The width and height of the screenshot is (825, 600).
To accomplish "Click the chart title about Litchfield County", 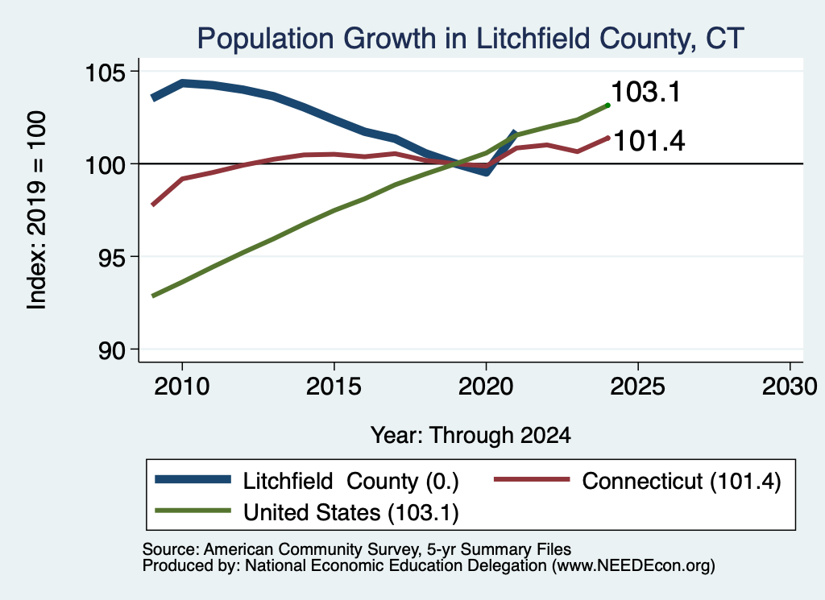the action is click(471, 39).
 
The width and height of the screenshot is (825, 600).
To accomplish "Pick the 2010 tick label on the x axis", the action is click(182, 387).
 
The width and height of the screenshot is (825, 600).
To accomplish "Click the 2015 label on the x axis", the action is click(334, 387).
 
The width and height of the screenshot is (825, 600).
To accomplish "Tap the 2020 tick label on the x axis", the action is click(486, 387).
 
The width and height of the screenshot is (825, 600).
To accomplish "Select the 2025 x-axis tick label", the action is click(638, 387).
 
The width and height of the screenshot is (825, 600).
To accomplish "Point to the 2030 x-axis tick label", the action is click(790, 387).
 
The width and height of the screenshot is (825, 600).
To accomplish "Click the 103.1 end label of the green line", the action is click(646, 92).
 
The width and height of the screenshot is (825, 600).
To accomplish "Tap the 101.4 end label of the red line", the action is click(649, 141).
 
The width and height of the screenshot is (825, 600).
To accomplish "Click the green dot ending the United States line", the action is click(607, 106).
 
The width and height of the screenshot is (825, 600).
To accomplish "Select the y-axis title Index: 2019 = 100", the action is click(37, 210).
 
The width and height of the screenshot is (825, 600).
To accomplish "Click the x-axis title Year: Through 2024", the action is click(471, 436).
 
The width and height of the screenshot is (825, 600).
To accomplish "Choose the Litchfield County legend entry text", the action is click(351, 481).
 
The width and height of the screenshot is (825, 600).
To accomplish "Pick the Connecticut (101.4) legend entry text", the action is click(682, 481).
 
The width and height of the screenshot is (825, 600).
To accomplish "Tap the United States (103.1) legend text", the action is click(351, 512).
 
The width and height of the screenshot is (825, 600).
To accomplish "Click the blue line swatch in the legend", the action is click(193, 479).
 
